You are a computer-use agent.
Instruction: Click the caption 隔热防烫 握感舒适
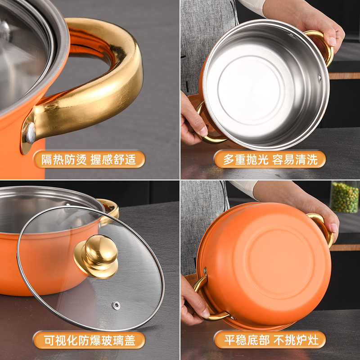coord(89,160)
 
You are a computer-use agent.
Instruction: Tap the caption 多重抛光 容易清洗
coord(269,160)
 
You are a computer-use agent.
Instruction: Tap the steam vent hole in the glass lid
coord(117,306)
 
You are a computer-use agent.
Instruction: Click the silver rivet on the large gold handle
coord(30,133)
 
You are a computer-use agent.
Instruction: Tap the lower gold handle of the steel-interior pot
coord(205,130)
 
